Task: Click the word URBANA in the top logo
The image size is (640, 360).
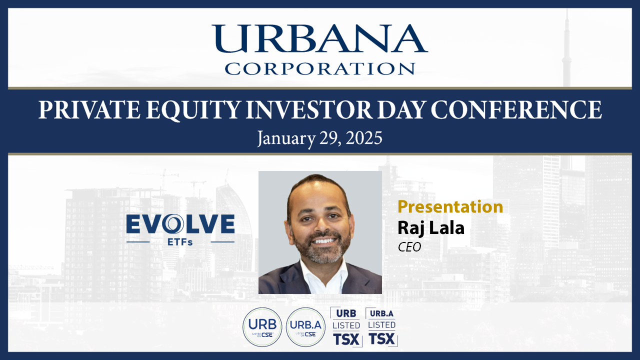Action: coord(319,38)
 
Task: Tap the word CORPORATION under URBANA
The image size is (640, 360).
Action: coord(319,68)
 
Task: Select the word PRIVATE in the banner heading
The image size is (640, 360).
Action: coord(89,109)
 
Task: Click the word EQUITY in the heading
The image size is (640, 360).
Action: coord(193,110)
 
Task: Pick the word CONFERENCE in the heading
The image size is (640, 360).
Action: coord(516,109)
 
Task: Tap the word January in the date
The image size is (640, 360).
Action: coord(286,139)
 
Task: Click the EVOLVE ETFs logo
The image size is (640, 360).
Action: coord(180,229)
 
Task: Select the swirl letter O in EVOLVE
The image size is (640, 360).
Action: coord(173,223)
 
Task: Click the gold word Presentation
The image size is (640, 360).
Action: coord(450,207)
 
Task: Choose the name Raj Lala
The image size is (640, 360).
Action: coord(431,228)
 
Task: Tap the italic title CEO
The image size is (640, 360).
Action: coord(409,247)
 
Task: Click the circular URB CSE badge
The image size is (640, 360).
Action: coord(262,327)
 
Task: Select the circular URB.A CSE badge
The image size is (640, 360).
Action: coord(305,327)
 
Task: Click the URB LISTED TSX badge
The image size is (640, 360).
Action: coord(346,327)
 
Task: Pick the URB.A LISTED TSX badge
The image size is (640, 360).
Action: coord(381,327)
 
